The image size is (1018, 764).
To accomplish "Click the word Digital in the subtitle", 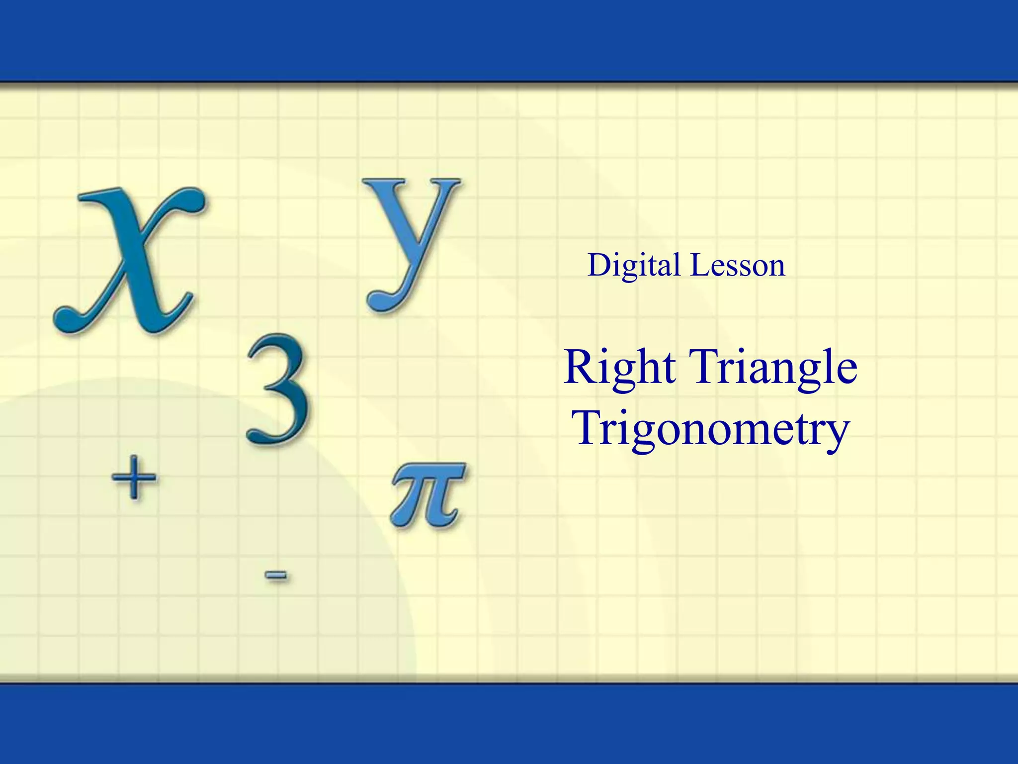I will [x=634, y=265].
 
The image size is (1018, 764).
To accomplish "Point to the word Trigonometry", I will [x=711, y=429].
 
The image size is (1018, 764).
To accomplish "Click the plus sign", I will [x=133, y=477].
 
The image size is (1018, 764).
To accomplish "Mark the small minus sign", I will [x=276, y=575].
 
